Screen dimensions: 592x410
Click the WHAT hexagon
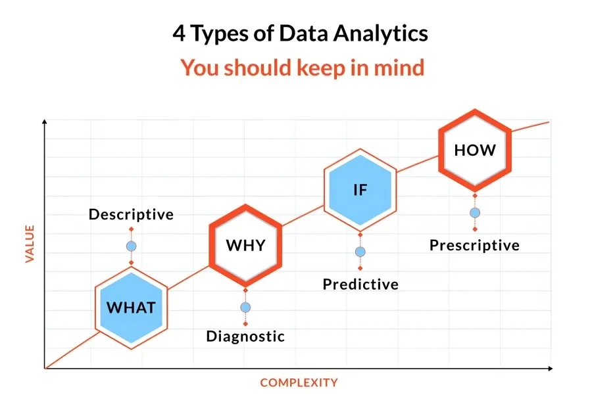coord(131,307)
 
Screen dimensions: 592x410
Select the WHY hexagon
coord(246,245)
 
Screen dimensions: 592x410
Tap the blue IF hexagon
coord(360,190)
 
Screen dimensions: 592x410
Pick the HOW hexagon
coord(475,150)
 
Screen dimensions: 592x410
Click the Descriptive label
coord(131,214)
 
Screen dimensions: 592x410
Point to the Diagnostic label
coord(245,336)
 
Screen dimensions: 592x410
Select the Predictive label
coord(360,284)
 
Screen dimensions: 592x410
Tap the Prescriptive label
coord(474,245)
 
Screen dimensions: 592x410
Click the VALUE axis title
coord(30,244)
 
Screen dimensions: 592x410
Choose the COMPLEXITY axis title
coord(299,382)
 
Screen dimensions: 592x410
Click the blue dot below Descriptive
coord(132,246)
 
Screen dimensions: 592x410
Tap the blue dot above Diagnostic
coord(245,307)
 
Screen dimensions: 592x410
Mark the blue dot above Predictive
coord(360,252)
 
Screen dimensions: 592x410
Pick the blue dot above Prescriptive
coord(475,213)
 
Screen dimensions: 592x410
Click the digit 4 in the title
coord(179,34)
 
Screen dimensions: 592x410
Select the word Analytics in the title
coord(381,34)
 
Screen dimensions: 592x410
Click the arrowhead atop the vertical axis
coord(45,122)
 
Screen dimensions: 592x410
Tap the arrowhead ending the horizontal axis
coord(551,368)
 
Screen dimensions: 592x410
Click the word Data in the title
coord(303,34)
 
